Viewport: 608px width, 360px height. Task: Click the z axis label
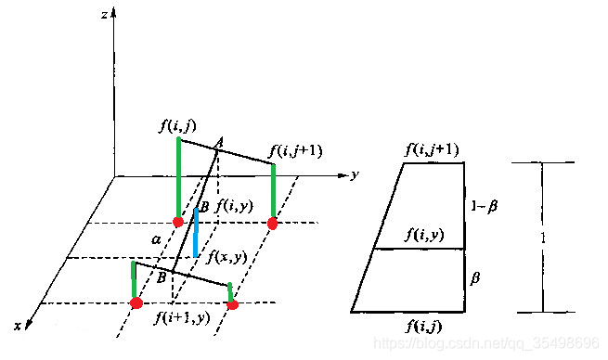104,16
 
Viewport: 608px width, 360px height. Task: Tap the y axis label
355,174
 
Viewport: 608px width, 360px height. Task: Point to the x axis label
18,326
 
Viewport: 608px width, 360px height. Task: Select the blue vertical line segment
196,233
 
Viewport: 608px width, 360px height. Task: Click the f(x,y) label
227,256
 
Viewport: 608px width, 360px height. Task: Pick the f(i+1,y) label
182,317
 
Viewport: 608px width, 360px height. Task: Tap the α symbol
156,240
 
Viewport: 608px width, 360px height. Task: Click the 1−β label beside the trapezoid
485,206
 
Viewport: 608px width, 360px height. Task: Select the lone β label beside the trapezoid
475,277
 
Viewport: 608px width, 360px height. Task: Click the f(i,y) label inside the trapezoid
424,235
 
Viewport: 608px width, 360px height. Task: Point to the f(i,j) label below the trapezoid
424,327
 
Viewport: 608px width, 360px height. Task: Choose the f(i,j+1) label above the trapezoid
432,149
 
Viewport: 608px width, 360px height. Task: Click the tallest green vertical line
178,178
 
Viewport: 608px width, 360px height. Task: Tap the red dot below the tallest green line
178,222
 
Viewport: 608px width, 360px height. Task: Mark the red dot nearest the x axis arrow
136,302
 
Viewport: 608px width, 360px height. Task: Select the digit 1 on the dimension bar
543,238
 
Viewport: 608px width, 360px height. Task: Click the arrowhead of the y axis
343,175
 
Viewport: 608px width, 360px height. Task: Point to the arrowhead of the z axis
114,14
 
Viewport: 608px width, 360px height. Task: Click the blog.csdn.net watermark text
486,343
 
